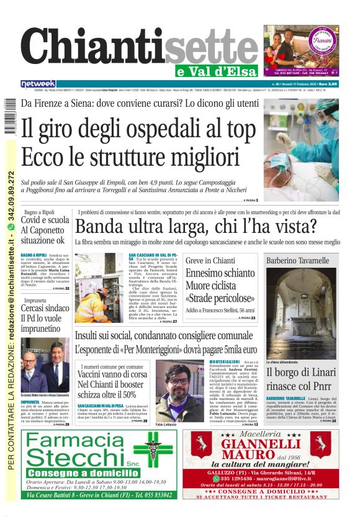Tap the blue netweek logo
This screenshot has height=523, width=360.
pos(38,83)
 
